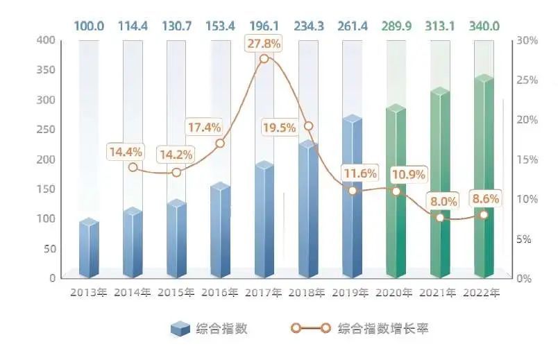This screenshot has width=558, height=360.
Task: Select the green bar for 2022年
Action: click(x=484, y=177)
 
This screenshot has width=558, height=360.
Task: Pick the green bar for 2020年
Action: click(x=396, y=191)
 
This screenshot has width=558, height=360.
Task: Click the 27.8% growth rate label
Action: click(x=263, y=44)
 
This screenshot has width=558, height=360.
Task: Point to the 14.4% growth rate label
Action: click(x=125, y=151)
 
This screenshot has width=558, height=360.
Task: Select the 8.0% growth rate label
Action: click(x=443, y=201)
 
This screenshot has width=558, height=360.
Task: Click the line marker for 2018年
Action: click(x=308, y=126)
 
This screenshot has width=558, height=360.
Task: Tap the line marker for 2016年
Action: click(x=220, y=144)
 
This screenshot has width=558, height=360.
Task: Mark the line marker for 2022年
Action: click(x=484, y=214)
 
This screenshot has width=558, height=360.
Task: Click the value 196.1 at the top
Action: click(x=263, y=26)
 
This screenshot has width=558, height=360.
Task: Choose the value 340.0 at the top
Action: click(x=483, y=26)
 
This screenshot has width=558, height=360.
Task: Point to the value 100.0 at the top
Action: click(x=87, y=26)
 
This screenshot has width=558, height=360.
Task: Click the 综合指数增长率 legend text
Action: click(x=382, y=328)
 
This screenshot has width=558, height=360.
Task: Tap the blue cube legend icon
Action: click(x=180, y=329)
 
